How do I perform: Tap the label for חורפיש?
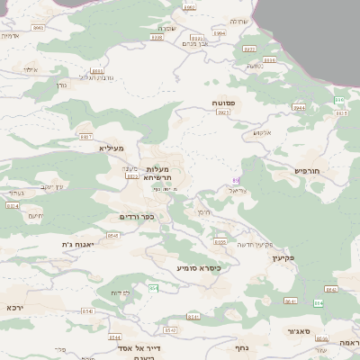pyautogui.click(x=307, y=170)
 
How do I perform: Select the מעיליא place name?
pyautogui.click(x=124, y=148)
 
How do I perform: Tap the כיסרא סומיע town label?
pyautogui.click(x=198, y=267)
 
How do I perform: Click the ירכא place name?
pyautogui.click(x=15, y=307)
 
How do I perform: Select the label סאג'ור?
pyautogui.click(x=301, y=332)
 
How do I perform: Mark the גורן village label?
pyautogui.click(x=62, y=85)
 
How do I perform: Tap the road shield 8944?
pyautogui.click(x=299, y=107)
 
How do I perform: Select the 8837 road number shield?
pyautogui.click(x=86, y=137)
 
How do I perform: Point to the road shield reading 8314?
pyautogui.click(x=13, y=205)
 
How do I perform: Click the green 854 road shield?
pyautogui.click(x=154, y=288)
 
